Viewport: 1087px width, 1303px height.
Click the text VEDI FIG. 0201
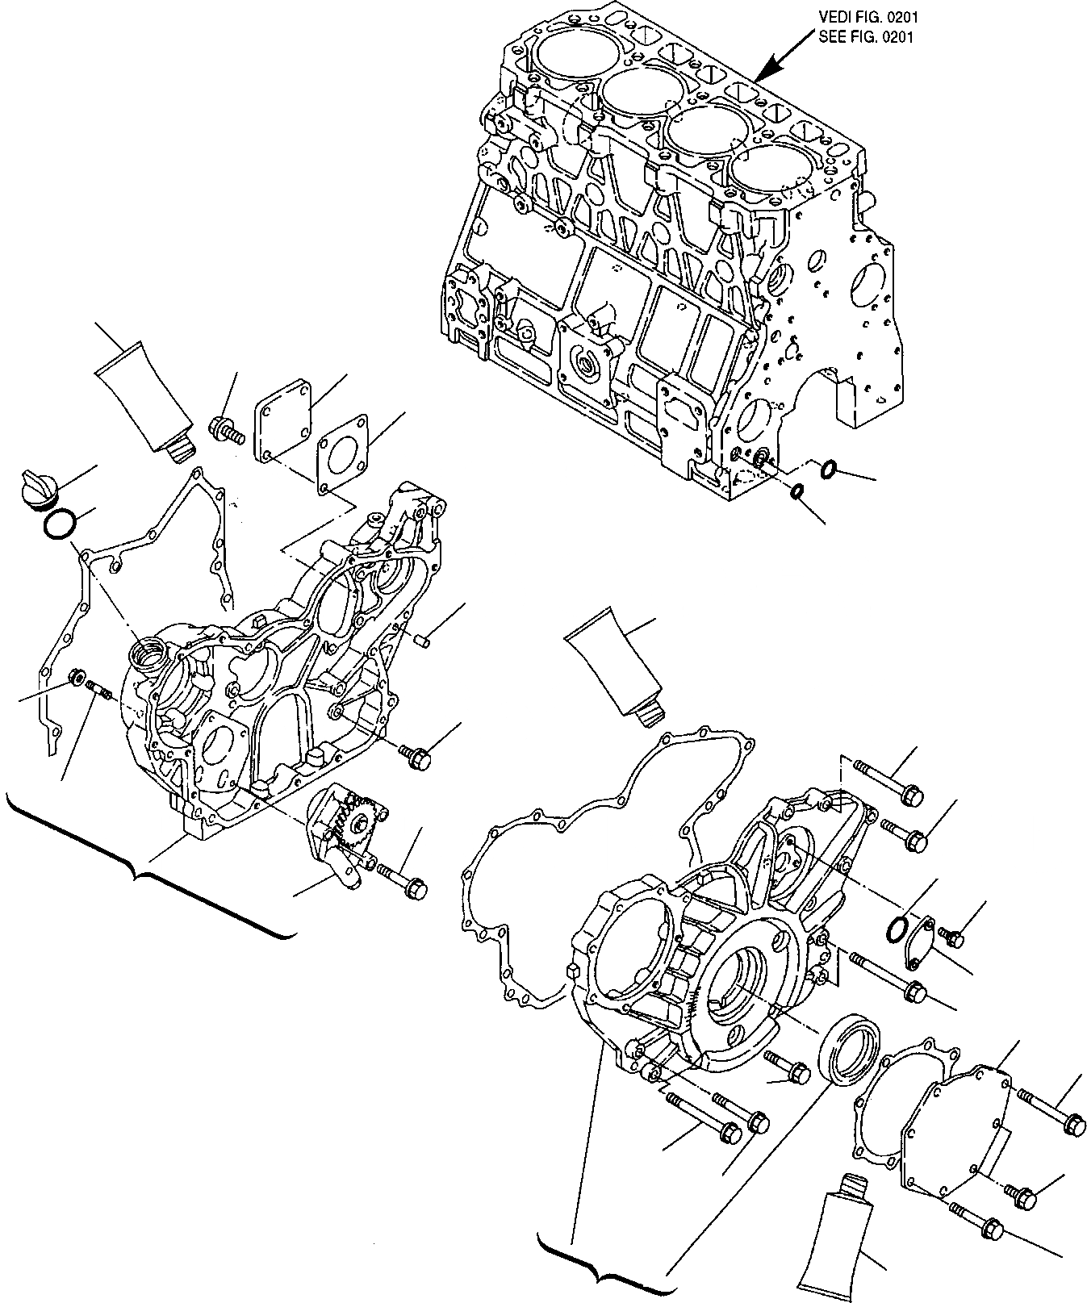(x=868, y=16)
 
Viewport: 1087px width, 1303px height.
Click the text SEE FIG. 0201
(x=867, y=37)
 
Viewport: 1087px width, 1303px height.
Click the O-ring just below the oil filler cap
(x=60, y=525)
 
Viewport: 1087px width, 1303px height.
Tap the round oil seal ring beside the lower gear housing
(x=849, y=1047)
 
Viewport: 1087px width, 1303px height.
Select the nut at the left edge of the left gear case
(x=78, y=675)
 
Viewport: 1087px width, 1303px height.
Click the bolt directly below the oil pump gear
(x=401, y=880)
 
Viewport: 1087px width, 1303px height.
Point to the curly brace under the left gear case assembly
(x=145, y=871)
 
